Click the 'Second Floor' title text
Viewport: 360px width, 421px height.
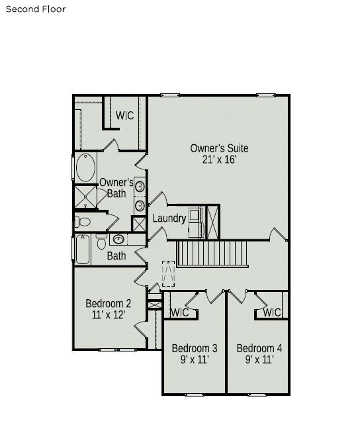pyautogui.click(x=36, y=9)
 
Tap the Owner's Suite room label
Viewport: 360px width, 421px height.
pyautogui.click(x=219, y=148)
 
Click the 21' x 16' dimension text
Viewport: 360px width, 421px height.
pyautogui.click(x=219, y=160)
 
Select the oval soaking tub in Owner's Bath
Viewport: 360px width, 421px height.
pyautogui.click(x=86, y=167)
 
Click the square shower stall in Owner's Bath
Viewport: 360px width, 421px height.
pyautogui.click(x=85, y=196)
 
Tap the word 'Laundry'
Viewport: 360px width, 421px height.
pyautogui.click(x=169, y=218)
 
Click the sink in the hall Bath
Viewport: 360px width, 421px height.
pyautogui.click(x=118, y=239)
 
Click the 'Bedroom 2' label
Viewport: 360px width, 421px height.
pyautogui.click(x=109, y=304)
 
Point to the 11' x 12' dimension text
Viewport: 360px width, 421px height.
pyautogui.click(x=109, y=315)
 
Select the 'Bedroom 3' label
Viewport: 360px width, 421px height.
pyautogui.click(x=195, y=348)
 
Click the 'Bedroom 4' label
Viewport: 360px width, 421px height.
pyautogui.click(x=259, y=348)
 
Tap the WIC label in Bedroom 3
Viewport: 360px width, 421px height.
pyautogui.click(x=180, y=312)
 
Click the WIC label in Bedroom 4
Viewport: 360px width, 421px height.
pyautogui.click(x=272, y=312)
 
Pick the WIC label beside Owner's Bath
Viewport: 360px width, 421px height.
pyautogui.click(x=124, y=115)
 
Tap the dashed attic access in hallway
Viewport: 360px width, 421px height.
pyautogui.click(x=169, y=273)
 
